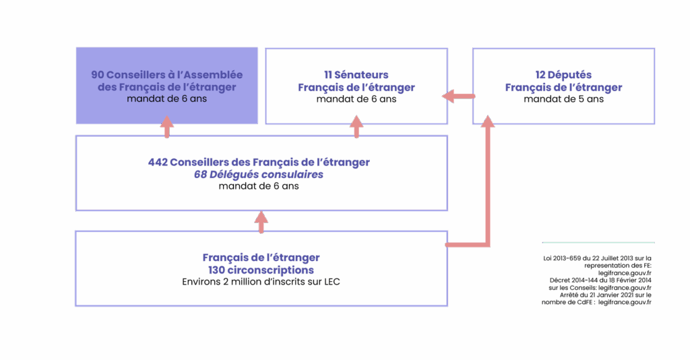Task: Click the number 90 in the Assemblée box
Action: [x=97, y=75]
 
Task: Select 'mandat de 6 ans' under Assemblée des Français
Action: [x=166, y=99]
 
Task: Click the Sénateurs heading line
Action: [x=356, y=75]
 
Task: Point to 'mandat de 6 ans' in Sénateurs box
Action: [x=356, y=99]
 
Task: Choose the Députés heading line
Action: [x=563, y=75]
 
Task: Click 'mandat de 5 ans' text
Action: [x=563, y=99]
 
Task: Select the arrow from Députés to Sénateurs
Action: [x=458, y=97]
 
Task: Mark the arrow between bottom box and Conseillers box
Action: [x=261, y=222]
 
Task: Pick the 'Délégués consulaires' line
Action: [x=259, y=174]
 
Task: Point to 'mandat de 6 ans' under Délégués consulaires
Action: [x=259, y=186]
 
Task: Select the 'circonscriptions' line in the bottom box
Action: [x=261, y=270]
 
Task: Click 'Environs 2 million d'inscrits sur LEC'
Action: [x=261, y=282]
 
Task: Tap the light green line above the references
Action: [x=598, y=242]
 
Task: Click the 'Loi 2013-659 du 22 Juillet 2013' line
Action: [x=598, y=258]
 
